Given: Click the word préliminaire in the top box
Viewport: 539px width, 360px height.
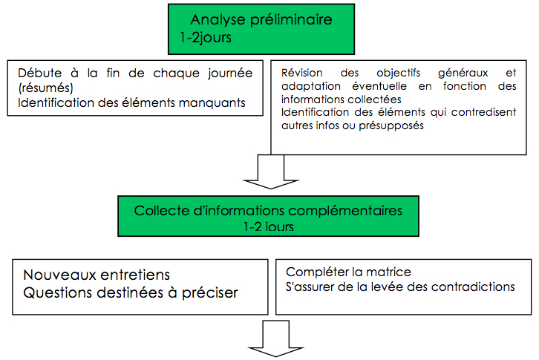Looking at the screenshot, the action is [x=291, y=20].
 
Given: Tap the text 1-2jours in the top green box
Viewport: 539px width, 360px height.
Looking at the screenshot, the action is [x=206, y=37].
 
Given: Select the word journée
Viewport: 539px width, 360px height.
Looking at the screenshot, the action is [x=230, y=73].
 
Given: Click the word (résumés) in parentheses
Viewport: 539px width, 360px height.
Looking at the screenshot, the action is [x=46, y=88].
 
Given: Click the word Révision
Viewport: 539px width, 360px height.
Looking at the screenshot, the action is [x=302, y=73].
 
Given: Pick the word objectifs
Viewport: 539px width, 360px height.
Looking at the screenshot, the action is [x=399, y=73].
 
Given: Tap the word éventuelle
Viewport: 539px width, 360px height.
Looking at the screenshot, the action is [x=379, y=86].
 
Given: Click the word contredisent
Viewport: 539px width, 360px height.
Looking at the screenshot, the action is [x=483, y=112].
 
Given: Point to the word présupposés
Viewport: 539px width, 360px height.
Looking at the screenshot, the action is [x=391, y=126].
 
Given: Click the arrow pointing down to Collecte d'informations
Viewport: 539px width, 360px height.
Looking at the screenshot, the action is [x=271, y=171].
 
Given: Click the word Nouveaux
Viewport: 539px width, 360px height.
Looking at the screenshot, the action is [x=59, y=275].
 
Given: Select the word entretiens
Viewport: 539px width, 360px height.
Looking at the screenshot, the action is [x=135, y=275].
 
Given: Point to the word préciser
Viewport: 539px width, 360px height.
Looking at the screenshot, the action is [x=209, y=293].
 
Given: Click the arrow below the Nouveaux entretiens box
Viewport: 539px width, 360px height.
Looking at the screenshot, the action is [x=276, y=338].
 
